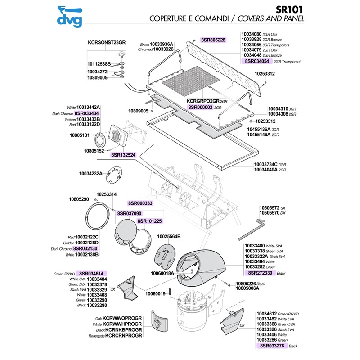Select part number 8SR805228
point(213,40)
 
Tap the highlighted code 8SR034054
point(257,61)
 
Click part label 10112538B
point(99,64)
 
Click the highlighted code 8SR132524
point(123,155)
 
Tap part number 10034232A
point(90,173)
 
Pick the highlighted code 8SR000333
point(140,203)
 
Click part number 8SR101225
point(149,221)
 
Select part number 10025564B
point(168,236)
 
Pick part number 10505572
point(269,207)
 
